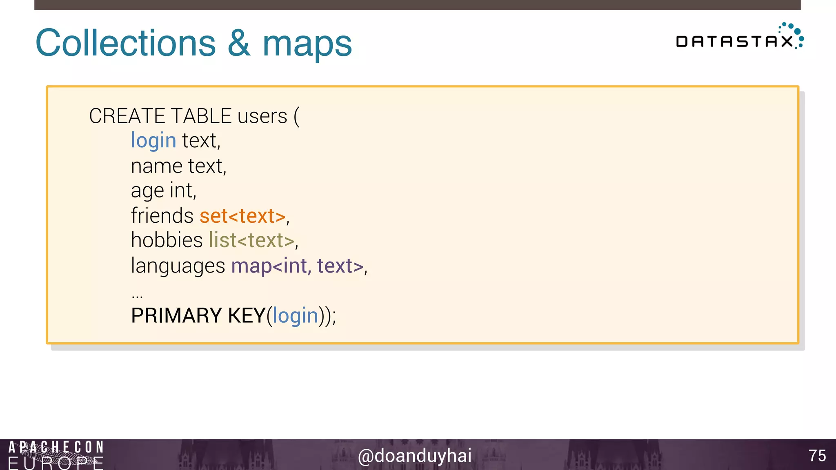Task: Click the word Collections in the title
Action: [125, 43]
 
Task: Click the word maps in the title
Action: [307, 44]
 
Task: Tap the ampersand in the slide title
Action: [239, 43]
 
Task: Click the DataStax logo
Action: [739, 38]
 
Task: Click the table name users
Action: [262, 117]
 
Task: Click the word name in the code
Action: [156, 166]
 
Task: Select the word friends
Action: [162, 215]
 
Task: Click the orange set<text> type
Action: [242, 216]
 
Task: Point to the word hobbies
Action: [167, 240]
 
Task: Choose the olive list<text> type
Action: [251, 240]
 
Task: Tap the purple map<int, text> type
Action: [297, 266]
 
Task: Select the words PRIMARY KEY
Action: [198, 316]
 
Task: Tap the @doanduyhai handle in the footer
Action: [415, 456]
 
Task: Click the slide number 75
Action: [817, 456]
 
